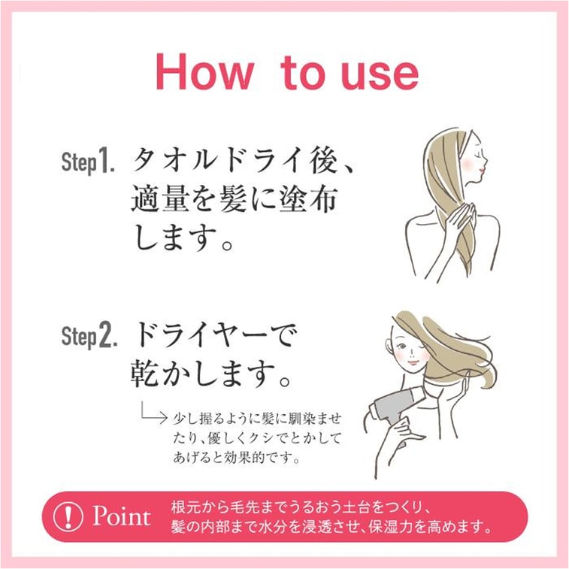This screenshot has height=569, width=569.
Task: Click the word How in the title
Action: [204, 73]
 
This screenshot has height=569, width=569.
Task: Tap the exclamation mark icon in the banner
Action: [69, 516]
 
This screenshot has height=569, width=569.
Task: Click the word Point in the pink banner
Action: [121, 516]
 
